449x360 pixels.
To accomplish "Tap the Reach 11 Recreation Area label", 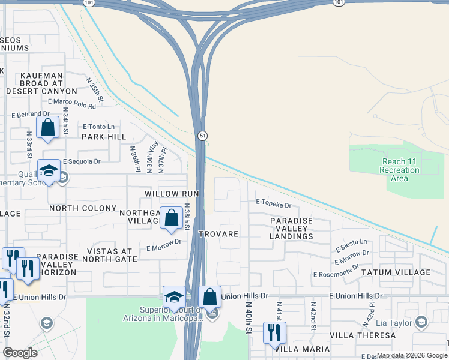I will pyautogui.click(x=401, y=166).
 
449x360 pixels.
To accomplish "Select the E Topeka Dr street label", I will pyautogui.click(x=273, y=205).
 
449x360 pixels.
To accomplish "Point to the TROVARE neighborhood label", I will pyautogui.click(x=219, y=233).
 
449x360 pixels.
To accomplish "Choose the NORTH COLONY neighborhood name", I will pyautogui.click(x=83, y=208).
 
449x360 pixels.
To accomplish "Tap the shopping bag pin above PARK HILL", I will pyautogui.click(x=47, y=128).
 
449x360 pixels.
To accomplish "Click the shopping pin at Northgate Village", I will pyautogui.click(x=172, y=219).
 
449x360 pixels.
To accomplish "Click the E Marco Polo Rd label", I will pyautogui.click(x=72, y=104).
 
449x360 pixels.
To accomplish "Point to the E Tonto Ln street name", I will pyautogui.click(x=98, y=127).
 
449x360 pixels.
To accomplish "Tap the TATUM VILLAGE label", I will pyautogui.click(x=396, y=272).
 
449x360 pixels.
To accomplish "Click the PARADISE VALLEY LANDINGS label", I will pyautogui.click(x=291, y=229).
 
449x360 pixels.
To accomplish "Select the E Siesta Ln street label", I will pyautogui.click(x=351, y=244).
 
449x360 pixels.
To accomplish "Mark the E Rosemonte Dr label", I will pyautogui.click(x=336, y=271).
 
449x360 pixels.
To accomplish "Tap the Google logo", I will pyautogui.click(x=20, y=353).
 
